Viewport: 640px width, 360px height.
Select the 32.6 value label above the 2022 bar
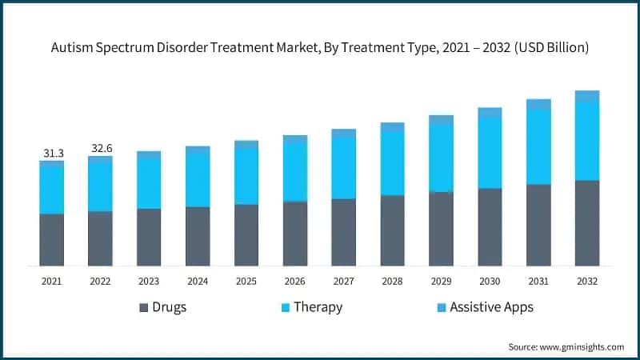(x=100, y=148)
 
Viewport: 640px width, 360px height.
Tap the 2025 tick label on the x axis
(x=246, y=282)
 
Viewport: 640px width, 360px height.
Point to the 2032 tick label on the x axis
(x=587, y=282)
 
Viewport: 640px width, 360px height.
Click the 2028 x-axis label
(x=392, y=282)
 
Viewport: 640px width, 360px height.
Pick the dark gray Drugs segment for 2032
(x=587, y=223)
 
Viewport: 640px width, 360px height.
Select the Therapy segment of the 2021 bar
(x=51, y=190)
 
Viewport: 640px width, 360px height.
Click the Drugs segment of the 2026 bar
(x=295, y=234)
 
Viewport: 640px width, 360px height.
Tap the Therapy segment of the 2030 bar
(x=490, y=153)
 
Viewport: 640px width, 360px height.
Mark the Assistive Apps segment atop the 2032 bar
(x=587, y=96)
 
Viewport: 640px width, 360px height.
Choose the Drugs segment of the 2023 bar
(x=149, y=238)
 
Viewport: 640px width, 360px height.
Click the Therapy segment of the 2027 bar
(x=344, y=167)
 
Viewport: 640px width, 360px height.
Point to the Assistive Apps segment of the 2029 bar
(x=441, y=119)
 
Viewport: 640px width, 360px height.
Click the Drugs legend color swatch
(x=144, y=307)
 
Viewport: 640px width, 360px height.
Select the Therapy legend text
(x=318, y=307)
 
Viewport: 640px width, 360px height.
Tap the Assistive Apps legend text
(x=491, y=307)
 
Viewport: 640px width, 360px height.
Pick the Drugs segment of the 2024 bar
(x=198, y=236)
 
